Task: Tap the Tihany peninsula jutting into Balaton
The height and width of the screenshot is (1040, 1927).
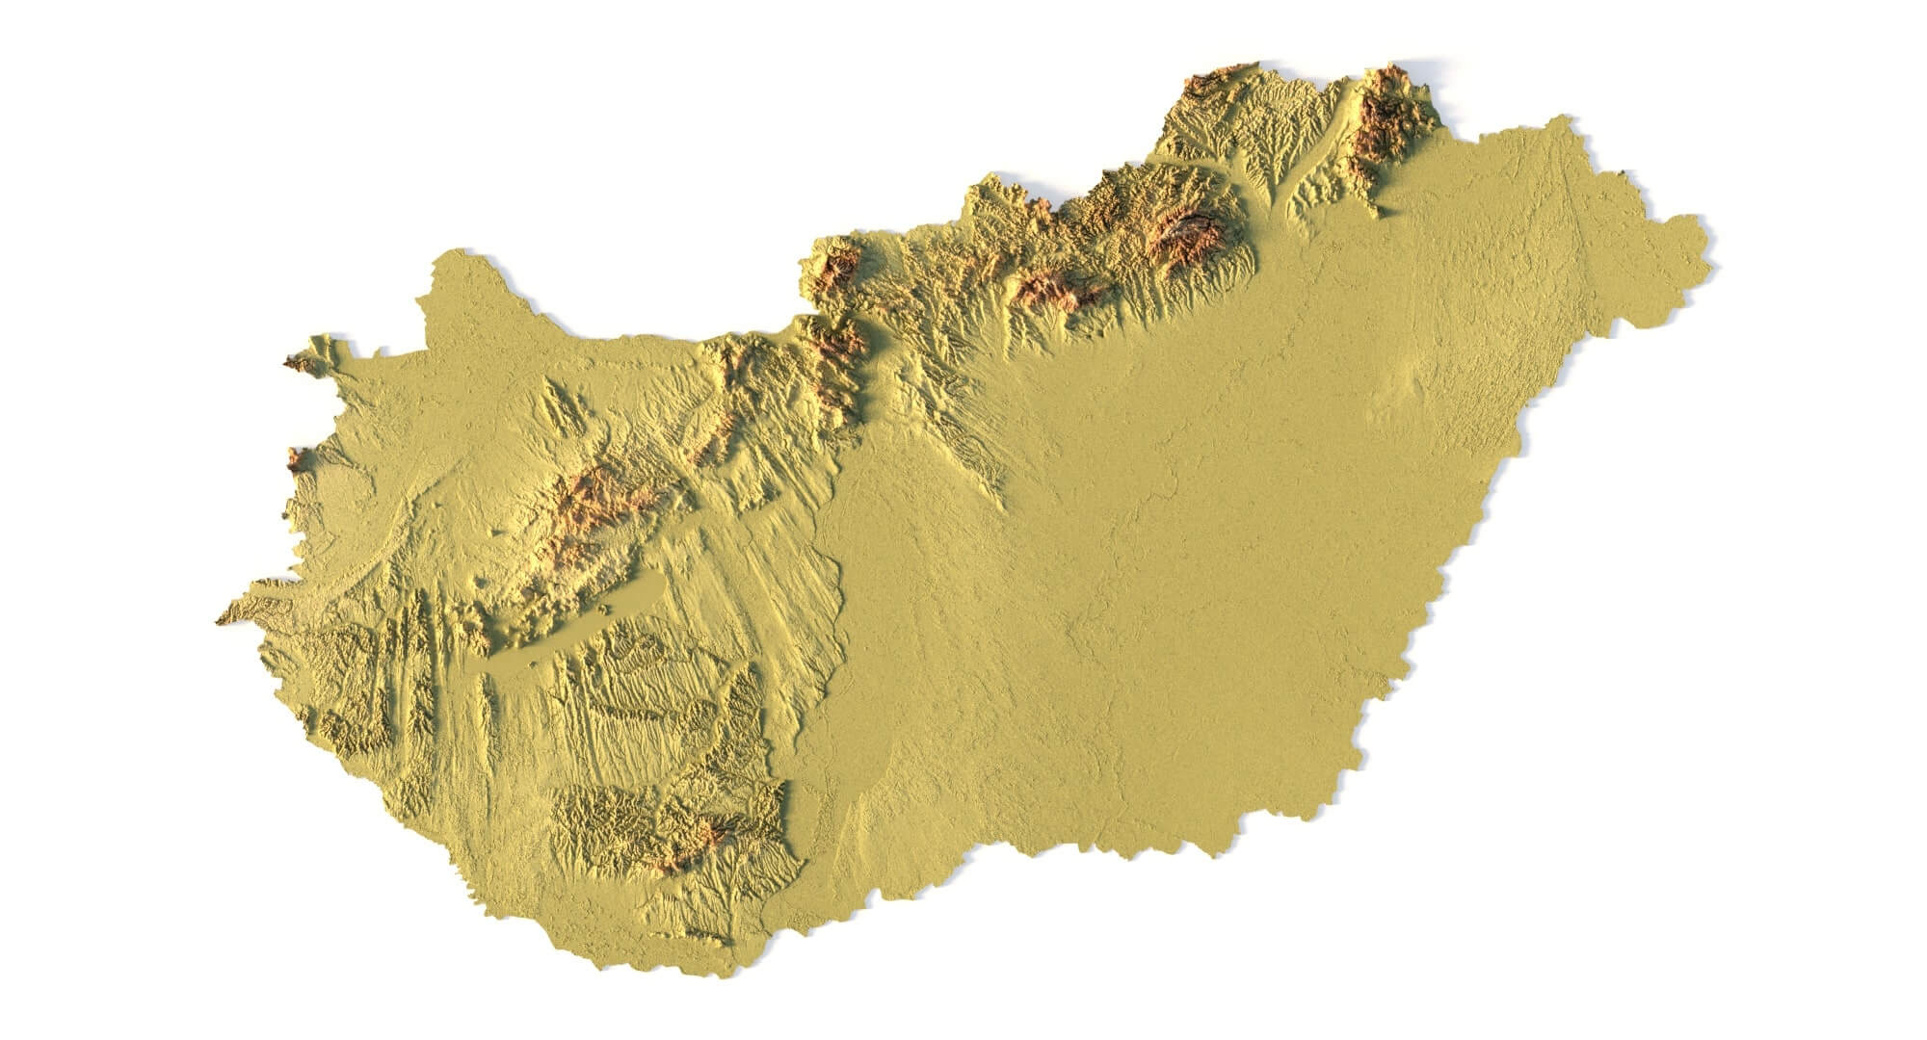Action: (x=605, y=609)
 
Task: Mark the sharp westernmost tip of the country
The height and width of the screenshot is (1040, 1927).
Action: (x=218, y=621)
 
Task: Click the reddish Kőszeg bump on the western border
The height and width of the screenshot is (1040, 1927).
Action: (x=295, y=459)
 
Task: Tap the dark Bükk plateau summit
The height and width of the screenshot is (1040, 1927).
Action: (x=1191, y=231)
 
